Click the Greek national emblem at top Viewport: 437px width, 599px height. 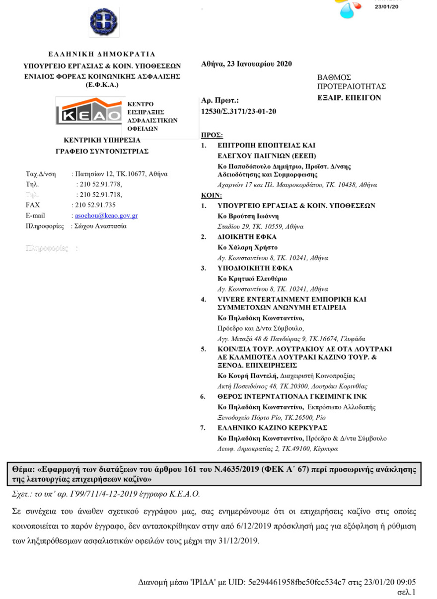point(104,22)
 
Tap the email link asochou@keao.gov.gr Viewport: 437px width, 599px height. point(105,216)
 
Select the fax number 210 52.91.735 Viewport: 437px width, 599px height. point(94,205)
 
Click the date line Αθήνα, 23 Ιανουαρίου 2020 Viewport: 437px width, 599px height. point(247,64)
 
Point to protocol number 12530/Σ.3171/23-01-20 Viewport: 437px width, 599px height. point(238,112)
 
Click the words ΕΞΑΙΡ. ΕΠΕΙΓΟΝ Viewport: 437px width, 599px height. point(349,98)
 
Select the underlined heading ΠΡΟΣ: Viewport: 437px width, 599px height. point(211,135)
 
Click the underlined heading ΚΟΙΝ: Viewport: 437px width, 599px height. point(212,195)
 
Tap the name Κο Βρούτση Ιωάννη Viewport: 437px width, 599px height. point(248,216)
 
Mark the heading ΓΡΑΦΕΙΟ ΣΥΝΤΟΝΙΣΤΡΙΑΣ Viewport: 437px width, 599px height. point(102,151)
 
